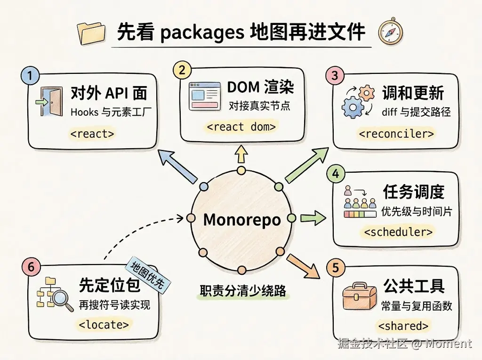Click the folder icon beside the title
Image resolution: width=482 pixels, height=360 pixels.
click(x=93, y=33)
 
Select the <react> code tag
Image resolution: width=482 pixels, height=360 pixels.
click(x=92, y=134)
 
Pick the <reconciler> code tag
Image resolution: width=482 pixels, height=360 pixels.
click(x=396, y=134)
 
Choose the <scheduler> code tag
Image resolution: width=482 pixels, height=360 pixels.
click(x=398, y=232)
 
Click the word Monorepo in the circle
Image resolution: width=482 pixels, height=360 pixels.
click(x=241, y=219)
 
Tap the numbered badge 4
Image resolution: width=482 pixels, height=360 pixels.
click(x=335, y=174)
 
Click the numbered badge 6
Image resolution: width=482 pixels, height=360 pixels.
click(x=31, y=267)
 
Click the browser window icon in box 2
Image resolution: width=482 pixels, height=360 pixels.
click(x=205, y=96)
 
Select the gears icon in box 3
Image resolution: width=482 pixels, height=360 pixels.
click(x=358, y=102)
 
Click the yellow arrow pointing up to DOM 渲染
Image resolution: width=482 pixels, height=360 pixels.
click(x=241, y=154)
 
